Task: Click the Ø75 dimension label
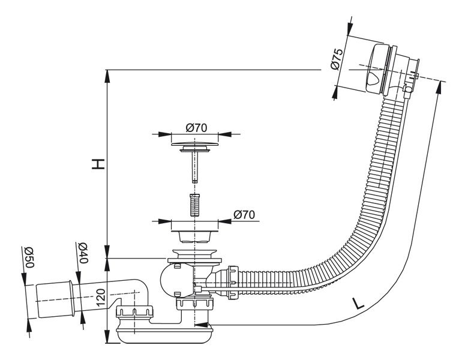337,59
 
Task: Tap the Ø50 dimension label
29,257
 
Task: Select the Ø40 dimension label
83,253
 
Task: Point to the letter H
98,164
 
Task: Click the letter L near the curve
358,304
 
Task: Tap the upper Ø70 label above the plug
196,128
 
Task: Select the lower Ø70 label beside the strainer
244,215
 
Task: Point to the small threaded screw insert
194,205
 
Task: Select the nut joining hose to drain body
232,283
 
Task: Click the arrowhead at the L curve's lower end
201,325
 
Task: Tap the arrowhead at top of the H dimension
107,76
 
